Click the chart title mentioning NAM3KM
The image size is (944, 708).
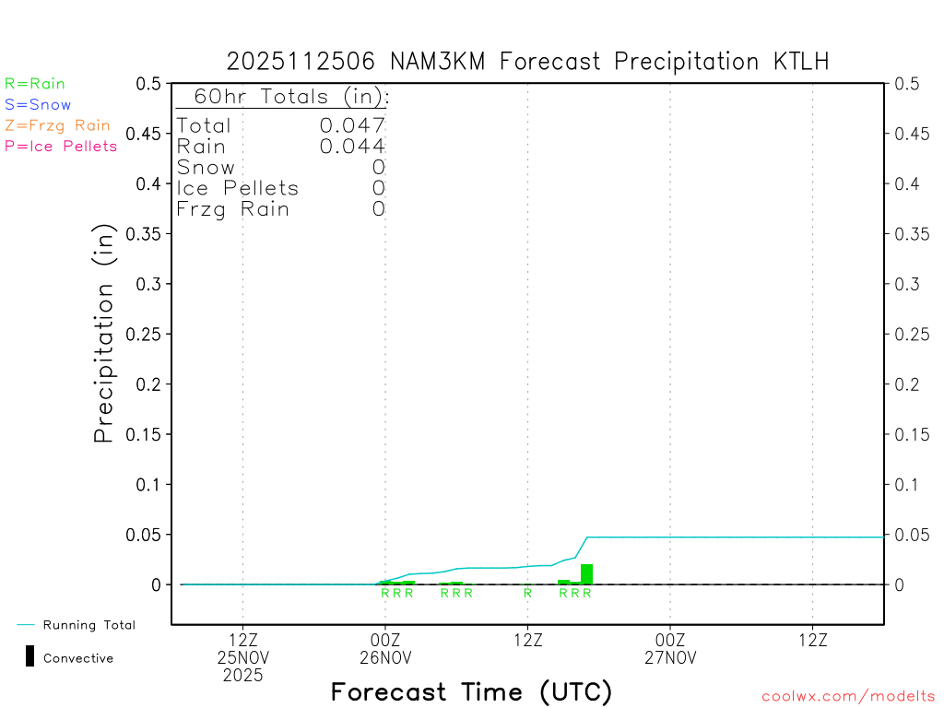coord(527,62)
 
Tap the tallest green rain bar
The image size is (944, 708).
coord(586,573)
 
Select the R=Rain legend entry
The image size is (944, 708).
coord(35,84)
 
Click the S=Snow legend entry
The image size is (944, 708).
coord(38,105)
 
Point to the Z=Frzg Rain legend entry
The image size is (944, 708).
coord(57,125)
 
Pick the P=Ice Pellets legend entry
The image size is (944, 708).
coord(61,146)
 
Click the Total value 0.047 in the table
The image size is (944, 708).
coord(352,125)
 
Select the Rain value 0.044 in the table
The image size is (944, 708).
coord(352,146)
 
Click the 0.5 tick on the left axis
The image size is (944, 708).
coord(147,84)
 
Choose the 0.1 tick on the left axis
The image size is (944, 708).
coord(151,484)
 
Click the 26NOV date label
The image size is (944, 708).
coord(384,658)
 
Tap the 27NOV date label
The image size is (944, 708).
coord(669,658)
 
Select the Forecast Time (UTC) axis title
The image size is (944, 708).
coord(471,691)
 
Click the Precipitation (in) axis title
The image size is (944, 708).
coord(104,334)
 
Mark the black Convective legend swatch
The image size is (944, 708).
coord(29,656)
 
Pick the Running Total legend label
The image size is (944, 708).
coord(88,625)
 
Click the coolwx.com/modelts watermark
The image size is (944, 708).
coord(848,696)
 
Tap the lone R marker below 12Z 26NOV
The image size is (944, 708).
coord(527,593)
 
